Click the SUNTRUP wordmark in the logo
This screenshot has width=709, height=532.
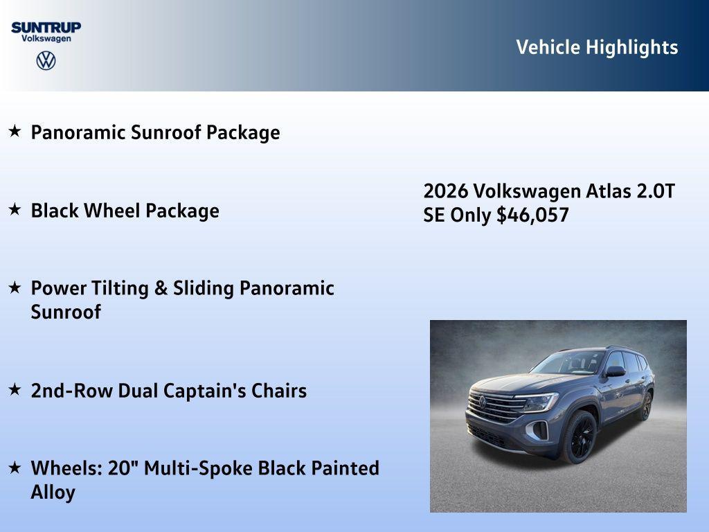coord(46,27)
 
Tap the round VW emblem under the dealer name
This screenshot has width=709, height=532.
coord(46,60)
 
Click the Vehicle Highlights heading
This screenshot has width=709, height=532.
coord(597,47)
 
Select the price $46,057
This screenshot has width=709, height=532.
coord(532,215)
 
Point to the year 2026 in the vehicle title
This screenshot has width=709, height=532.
coord(446,191)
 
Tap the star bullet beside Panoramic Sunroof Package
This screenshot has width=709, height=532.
coord(15,131)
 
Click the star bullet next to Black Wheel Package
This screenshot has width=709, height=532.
coord(15,209)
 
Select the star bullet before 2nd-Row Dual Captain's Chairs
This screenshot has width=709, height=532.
coord(15,389)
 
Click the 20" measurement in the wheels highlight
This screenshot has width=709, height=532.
coord(123,468)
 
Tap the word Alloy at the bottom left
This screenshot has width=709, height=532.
coord(53,493)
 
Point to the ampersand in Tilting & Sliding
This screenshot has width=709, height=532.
coord(161,288)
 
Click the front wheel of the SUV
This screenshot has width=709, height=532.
coord(580,437)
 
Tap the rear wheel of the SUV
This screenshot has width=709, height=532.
coord(646,405)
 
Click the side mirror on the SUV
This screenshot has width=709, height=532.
coord(615,372)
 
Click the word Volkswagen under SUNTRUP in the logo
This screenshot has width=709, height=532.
coord(46,39)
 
